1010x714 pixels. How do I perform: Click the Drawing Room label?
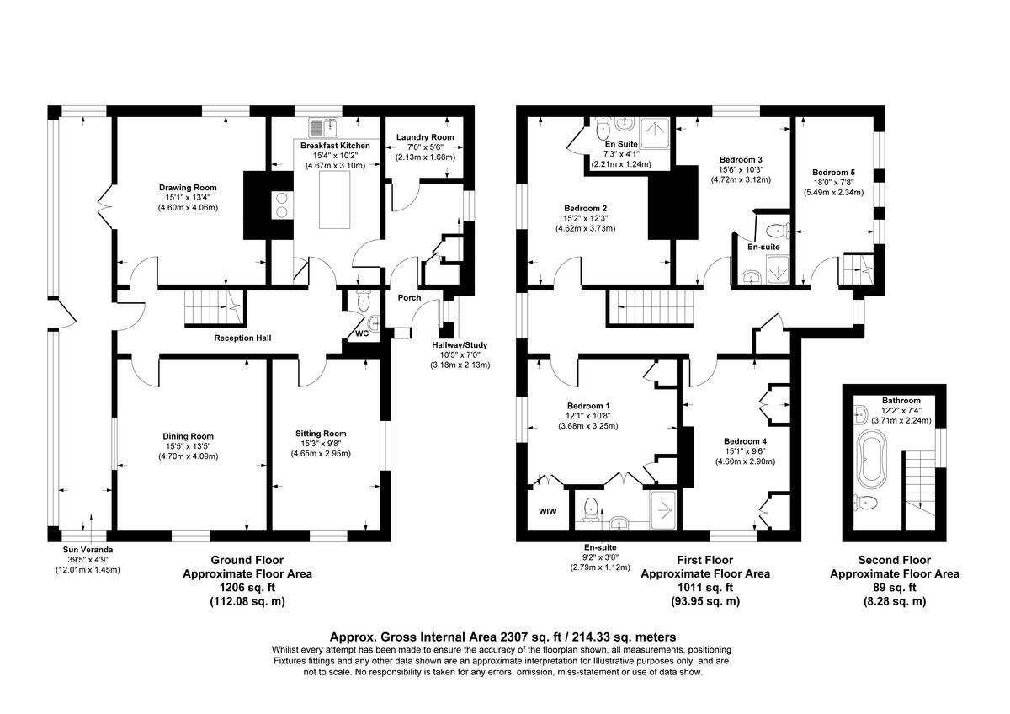pos(188,188)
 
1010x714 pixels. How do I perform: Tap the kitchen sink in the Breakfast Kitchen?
pos(323,128)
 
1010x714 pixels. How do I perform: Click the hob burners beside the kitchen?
pos(279,205)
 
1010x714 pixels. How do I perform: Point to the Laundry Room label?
pos(425,137)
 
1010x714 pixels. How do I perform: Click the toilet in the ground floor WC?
pos(363,301)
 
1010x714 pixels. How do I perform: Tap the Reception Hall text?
pos(242,338)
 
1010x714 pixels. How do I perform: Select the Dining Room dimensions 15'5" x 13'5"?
pos(189,446)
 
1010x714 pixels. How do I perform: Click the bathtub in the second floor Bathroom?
pos(868,460)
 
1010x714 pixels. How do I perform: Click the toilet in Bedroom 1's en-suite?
pos(591,507)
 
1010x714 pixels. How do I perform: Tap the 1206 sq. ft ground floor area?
pos(247,588)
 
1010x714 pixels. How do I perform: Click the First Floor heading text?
pos(704,560)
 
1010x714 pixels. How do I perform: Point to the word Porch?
pos(409,297)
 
